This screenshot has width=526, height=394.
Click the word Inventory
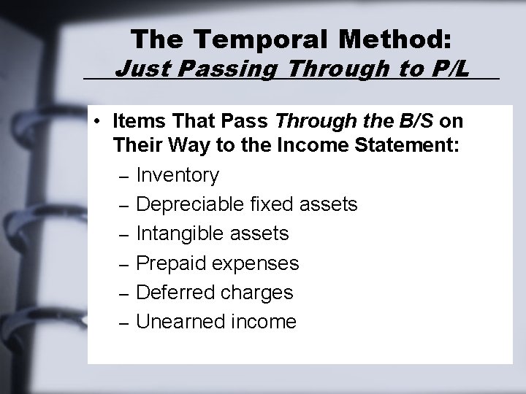(x=178, y=176)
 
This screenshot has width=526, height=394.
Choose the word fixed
(x=270, y=204)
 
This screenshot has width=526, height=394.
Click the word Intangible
(x=180, y=233)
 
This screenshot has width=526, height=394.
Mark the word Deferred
(x=173, y=292)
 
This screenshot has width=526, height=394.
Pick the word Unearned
(x=175, y=321)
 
